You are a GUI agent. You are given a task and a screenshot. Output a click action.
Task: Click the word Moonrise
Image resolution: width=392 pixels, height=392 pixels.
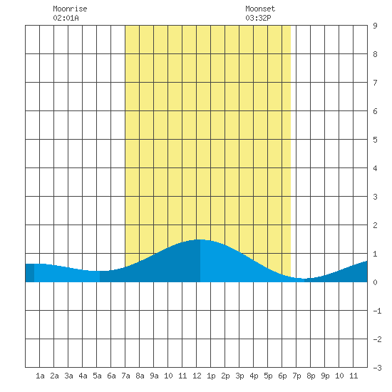[x=70, y=9]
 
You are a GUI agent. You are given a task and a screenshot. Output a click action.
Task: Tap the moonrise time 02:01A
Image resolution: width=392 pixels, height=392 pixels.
[x=66, y=18]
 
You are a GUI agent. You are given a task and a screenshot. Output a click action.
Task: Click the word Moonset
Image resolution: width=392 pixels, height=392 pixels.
[x=260, y=9]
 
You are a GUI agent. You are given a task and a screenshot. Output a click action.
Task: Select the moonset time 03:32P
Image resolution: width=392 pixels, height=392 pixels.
[x=258, y=18]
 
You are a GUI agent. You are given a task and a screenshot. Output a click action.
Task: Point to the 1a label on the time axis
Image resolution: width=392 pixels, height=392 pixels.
[x=40, y=376]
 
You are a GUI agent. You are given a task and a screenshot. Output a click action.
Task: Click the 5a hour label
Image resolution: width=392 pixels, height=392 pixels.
[x=97, y=376]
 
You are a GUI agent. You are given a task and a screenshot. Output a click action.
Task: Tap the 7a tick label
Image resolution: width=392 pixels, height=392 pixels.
[x=125, y=376]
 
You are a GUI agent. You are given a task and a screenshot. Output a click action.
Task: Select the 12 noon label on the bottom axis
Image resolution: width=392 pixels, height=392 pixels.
[x=197, y=376]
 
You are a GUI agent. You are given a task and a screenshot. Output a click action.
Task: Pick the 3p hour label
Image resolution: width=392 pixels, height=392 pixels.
[x=239, y=376]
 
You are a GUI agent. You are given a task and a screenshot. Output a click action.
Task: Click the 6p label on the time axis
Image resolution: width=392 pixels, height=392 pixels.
[x=282, y=376]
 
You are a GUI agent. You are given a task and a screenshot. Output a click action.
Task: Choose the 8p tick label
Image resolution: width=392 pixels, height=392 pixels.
[x=311, y=376]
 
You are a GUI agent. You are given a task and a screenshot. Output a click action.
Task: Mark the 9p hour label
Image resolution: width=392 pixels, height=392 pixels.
[x=325, y=376]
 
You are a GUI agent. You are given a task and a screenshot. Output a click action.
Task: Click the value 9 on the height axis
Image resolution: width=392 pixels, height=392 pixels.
[x=375, y=26]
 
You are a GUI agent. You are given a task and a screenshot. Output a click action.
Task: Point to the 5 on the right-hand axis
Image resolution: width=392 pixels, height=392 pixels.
[x=375, y=140]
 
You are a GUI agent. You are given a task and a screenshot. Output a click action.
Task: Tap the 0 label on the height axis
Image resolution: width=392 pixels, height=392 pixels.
[x=375, y=282]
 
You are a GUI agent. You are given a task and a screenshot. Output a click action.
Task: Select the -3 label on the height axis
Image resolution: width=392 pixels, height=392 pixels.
[x=377, y=368]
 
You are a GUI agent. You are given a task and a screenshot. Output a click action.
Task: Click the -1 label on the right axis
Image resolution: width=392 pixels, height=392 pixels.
[x=377, y=311]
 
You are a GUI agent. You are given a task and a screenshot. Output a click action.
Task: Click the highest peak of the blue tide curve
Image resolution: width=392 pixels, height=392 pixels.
[x=200, y=239]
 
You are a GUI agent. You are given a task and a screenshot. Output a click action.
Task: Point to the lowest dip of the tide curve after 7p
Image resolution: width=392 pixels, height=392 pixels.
[x=304, y=279]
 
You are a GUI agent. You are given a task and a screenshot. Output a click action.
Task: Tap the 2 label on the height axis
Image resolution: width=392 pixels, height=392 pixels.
[x=375, y=225]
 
